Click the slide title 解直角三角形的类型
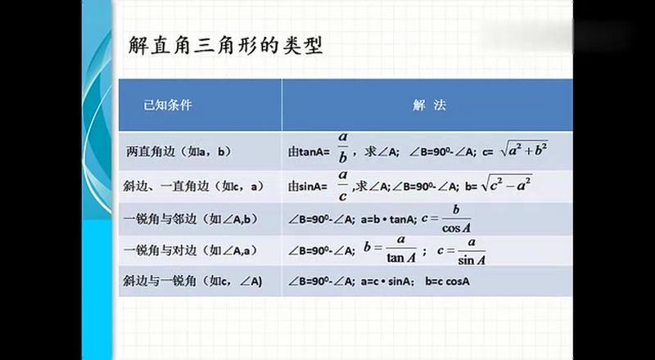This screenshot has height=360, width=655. pos(225,46)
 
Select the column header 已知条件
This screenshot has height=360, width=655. pos(167,106)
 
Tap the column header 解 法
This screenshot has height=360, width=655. pos(429,106)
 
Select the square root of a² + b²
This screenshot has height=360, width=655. pos(525,150)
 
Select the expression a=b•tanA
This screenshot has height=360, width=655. pos(388,218)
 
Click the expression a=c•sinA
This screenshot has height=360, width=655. pos(387,281)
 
